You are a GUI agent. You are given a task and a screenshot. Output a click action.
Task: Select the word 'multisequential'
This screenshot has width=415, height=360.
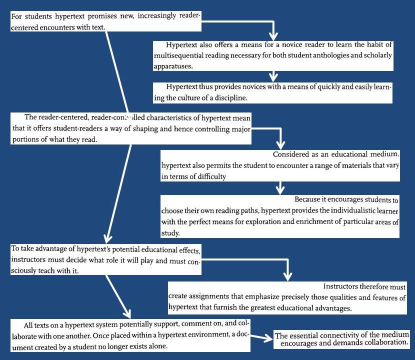click(178, 55)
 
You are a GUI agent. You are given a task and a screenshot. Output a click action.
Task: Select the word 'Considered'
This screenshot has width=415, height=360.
click(292, 154)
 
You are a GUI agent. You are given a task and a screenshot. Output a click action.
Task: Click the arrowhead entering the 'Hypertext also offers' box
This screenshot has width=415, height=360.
click(272, 37)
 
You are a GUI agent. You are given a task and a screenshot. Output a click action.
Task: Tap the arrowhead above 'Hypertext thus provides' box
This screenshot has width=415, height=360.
click(272, 77)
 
